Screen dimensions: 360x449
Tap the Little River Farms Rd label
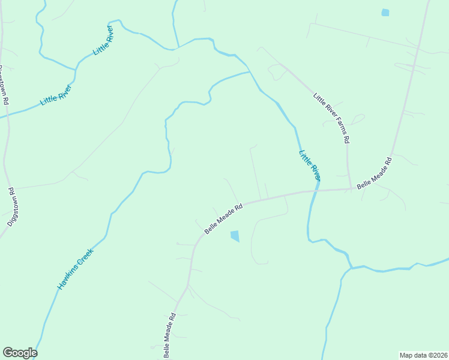coord(331,118)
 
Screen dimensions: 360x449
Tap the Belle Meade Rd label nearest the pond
coord(223,218)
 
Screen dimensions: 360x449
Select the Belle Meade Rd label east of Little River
coord(374,174)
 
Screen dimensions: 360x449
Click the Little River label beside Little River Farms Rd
coord(310,166)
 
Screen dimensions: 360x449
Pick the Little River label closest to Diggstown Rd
coord(56,94)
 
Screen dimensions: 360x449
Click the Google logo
coord(20,353)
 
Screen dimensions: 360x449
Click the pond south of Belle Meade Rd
coord(235,236)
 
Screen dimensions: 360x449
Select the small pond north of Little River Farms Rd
coord(385,12)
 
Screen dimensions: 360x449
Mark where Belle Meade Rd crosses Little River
coord(313,191)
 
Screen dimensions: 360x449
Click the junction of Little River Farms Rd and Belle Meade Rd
coord(351,188)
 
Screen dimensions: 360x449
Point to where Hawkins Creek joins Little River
coord(250,72)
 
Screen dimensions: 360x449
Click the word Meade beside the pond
coord(225,216)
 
